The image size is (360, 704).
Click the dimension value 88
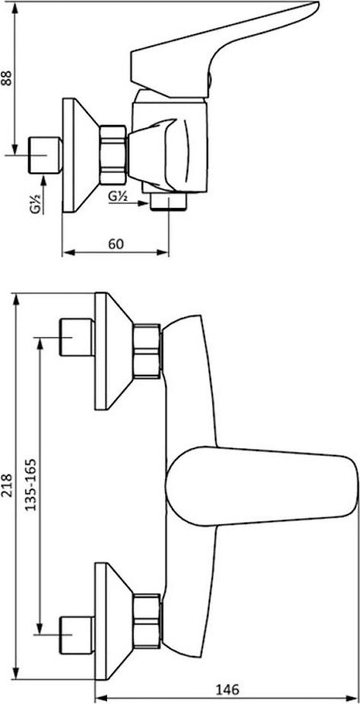click(7, 78)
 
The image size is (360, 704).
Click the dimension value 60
click(116, 244)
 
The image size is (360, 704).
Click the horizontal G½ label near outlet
click(118, 197)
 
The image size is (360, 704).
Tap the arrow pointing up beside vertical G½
click(43, 195)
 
